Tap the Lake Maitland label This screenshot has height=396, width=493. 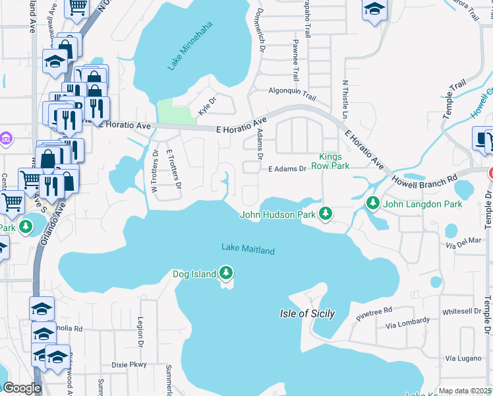[248, 249]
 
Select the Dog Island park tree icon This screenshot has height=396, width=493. [226, 273]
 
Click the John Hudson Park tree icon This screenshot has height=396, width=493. [325, 213]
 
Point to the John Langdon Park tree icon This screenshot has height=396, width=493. [373, 203]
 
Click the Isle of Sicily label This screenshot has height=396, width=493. [307, 313]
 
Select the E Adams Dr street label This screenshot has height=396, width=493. [287, 169]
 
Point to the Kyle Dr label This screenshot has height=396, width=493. [208, 104]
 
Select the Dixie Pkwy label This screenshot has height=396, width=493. [129, 364]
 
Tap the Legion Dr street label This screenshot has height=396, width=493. [140, 331]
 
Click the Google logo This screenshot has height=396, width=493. [22, 388]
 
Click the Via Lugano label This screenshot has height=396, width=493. [460, 358]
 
